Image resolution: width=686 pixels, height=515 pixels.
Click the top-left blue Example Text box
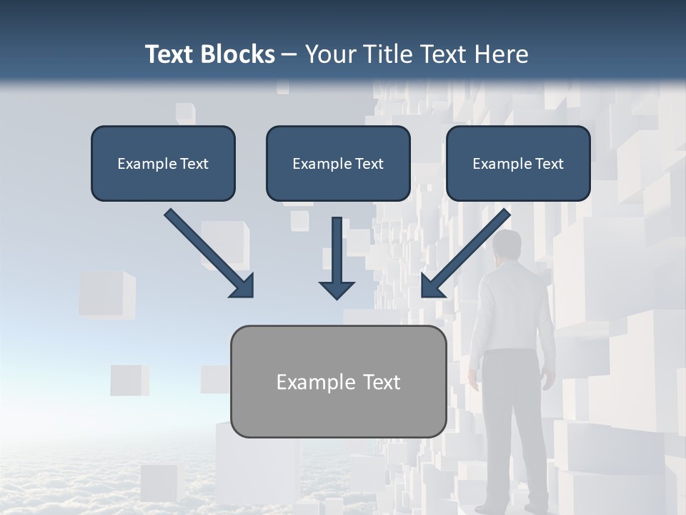[163, 163]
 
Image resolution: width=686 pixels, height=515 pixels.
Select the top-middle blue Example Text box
[338, 163]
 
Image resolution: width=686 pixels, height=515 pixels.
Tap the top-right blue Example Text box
[518, 163]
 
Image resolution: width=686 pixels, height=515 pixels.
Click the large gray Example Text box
[338, 381]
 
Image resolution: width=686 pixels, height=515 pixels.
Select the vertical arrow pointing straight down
[337, 257]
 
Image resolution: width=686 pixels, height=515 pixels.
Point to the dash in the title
[289, 54]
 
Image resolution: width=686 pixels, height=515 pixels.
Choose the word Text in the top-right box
[549, 164]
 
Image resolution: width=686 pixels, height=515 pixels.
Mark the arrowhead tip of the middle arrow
[337, 297]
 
